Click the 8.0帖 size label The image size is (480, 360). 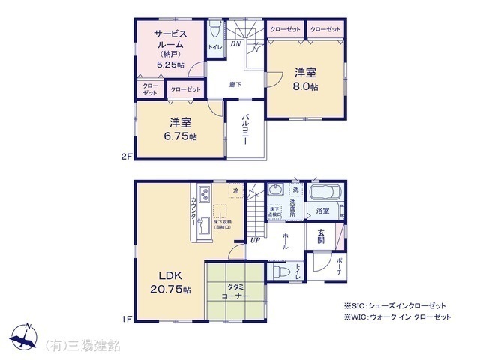click(306, 87)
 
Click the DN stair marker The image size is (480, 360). click(235, 45)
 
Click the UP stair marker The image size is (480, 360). click(256, 241)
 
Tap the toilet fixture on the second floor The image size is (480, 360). click(215, 31)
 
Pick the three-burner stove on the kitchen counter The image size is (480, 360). click(205, 198)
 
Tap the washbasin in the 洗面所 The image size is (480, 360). click(274, 190)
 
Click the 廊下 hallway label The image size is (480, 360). click(235, 84)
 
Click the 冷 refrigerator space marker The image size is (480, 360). click(235, 190)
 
